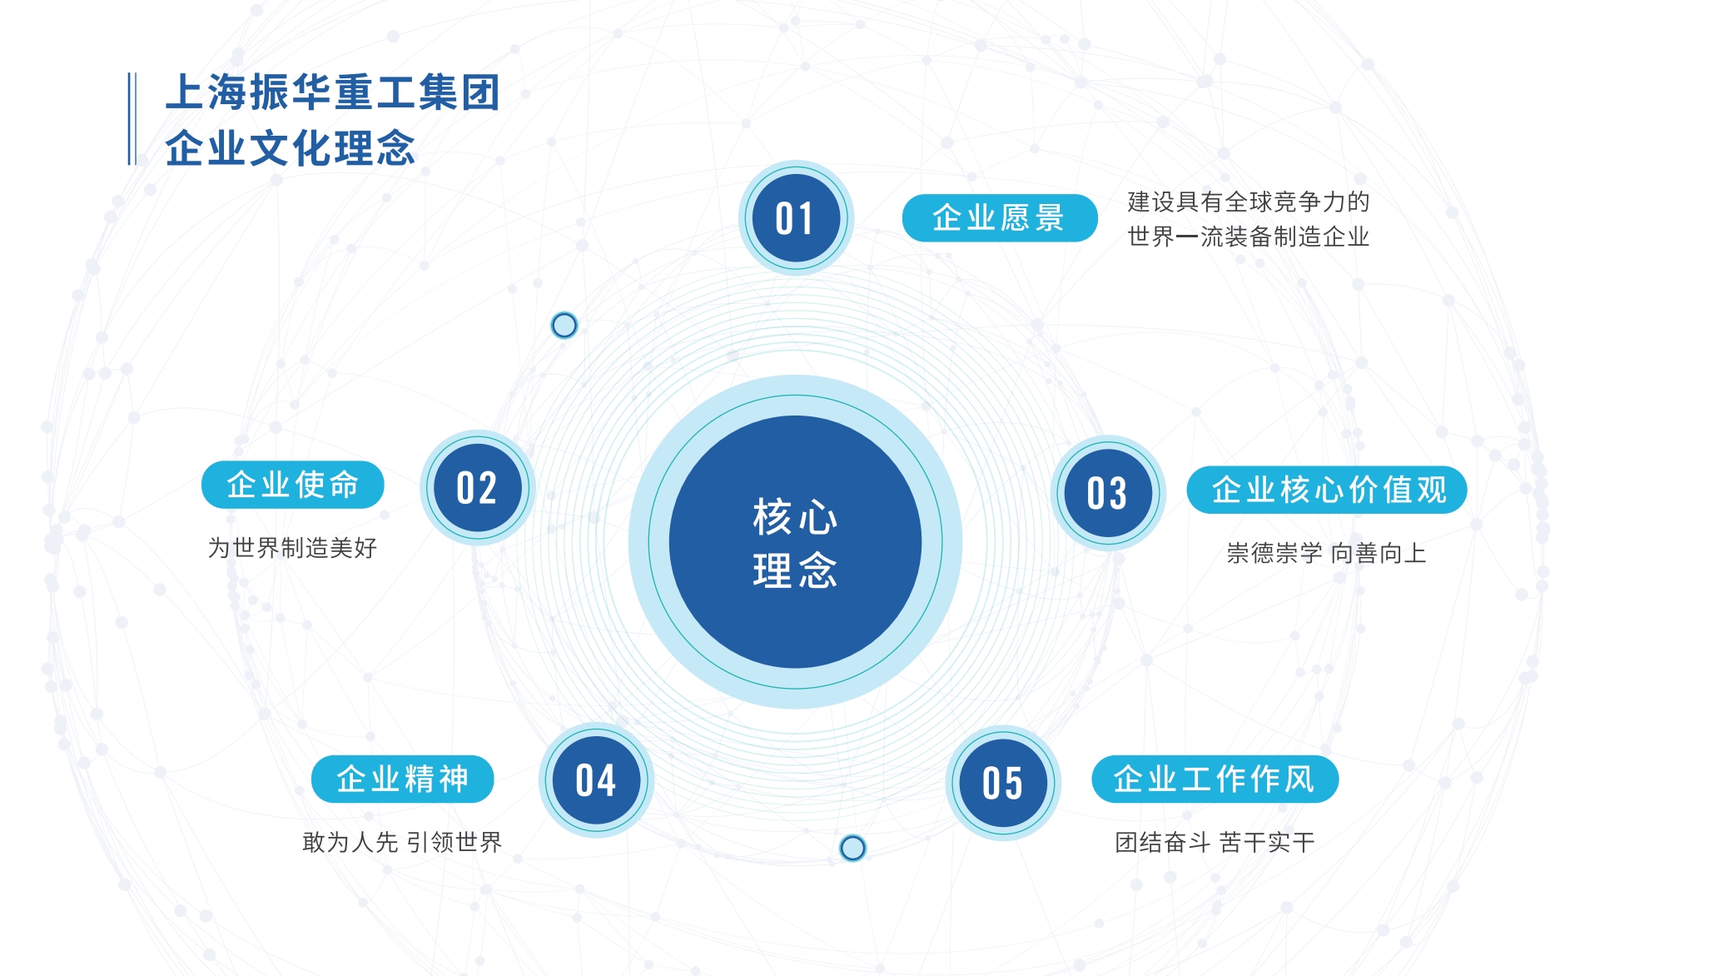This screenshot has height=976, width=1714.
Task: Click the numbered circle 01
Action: (x=796, y=218)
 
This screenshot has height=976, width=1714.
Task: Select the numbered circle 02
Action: (x=477, y=488)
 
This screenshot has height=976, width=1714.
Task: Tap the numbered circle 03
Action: (x=1108, y=493)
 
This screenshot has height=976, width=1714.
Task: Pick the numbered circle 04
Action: (x=596, y=780)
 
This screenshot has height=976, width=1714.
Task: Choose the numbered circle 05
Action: (x=1003, y=783)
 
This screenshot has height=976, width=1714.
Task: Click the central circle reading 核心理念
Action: (x=795, y=542)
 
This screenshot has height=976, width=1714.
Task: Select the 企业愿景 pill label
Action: (x=999, y=218)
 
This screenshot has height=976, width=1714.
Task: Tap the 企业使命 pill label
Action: (x=292, y=485)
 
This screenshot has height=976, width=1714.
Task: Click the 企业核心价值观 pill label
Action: (x=1327, y=490)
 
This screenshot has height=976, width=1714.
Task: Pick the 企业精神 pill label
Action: (x=402, y=779)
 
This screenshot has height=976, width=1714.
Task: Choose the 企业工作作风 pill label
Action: (x=1215, y=779)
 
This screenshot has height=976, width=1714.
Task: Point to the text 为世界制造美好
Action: (x=292, y=548)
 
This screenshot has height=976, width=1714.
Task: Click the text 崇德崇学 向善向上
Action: (x=1326, y=553)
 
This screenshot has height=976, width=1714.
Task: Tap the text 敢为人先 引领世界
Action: (x=402, y=842)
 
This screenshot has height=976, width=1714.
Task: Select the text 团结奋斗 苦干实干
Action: (x=1215, y=842)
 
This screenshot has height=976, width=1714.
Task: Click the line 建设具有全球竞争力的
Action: (x=1248, y=202)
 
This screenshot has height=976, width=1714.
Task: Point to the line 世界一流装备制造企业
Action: (x=1248, y=237)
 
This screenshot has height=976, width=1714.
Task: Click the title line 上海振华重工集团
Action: (x=333, y=92)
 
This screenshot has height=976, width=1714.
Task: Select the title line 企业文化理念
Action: (x=290, y=148)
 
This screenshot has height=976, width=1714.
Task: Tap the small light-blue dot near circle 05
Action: (x=852, y=848)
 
